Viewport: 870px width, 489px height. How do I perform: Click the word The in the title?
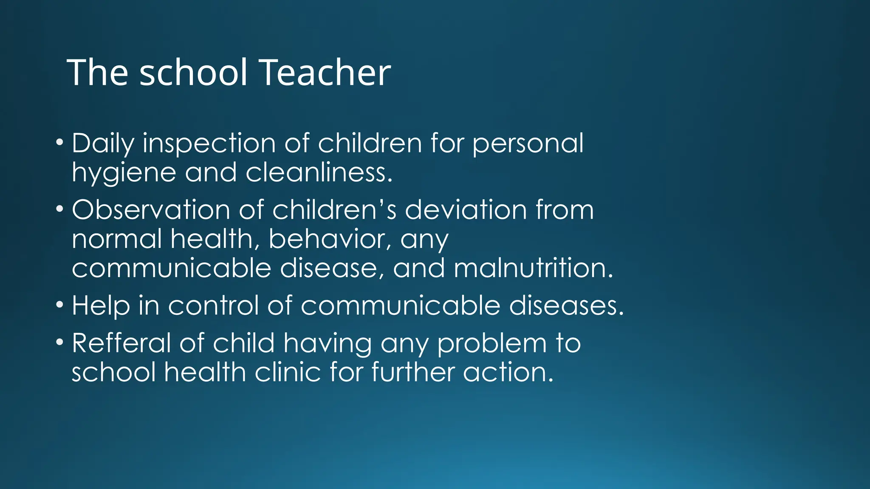(97, 73)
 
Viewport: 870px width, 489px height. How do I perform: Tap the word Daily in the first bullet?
(102, 144)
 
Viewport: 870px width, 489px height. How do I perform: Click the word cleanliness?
(319, 173)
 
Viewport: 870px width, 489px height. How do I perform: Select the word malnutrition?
(534, 268)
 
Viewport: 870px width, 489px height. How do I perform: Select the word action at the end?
(508, 372)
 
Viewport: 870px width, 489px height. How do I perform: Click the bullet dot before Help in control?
(60, 304)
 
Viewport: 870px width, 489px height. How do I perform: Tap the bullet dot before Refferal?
(60, 341)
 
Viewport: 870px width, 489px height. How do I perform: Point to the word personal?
(528, 144)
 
